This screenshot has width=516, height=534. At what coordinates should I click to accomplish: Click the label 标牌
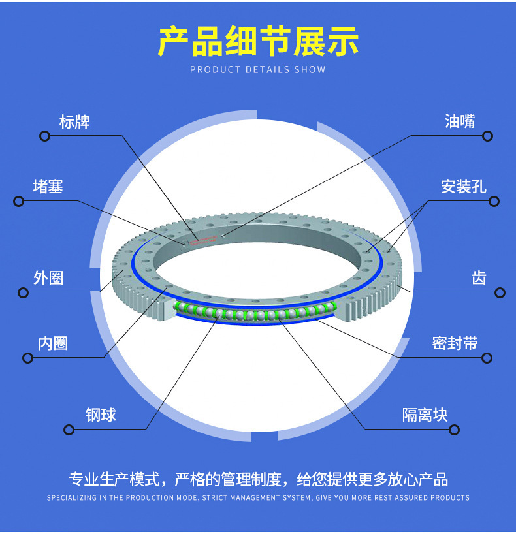(x=74, y=121)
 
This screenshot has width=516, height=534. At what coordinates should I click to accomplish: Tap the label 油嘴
(x=460, y=121)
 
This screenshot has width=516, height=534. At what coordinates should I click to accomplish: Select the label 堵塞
(x=48, y=187)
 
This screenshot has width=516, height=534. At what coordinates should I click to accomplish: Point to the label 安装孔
(x=463, y=187)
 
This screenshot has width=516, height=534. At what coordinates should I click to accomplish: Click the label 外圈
(x=48, y=278)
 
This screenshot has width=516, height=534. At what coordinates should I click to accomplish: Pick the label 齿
(x=479, y=278)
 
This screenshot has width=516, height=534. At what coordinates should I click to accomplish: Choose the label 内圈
(x=53, y=343)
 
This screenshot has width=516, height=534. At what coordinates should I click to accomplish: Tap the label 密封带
(x=455, y=343)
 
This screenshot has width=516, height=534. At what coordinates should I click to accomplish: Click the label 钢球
(x=101, y=415)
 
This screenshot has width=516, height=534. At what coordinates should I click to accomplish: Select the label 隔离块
(x=425, y=415)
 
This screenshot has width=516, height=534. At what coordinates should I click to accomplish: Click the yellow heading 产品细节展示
(x=258, y=42)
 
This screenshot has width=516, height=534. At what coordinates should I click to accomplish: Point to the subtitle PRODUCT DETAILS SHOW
(x=258, y=70)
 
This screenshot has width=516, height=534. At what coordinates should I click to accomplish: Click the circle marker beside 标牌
(x=44, y=136)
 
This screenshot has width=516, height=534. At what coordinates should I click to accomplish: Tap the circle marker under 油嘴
(x=487, y=136)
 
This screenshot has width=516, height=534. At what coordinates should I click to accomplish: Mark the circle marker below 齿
(x=500, y=292)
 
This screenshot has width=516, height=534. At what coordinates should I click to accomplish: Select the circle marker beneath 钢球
(x=68, y=429)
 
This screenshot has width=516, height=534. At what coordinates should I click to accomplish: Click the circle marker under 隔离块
(x=454, y=429)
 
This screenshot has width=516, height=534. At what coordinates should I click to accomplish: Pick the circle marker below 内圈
(x=27, y=358)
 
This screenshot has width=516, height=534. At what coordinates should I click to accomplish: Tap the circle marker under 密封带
(x=487, y=358)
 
